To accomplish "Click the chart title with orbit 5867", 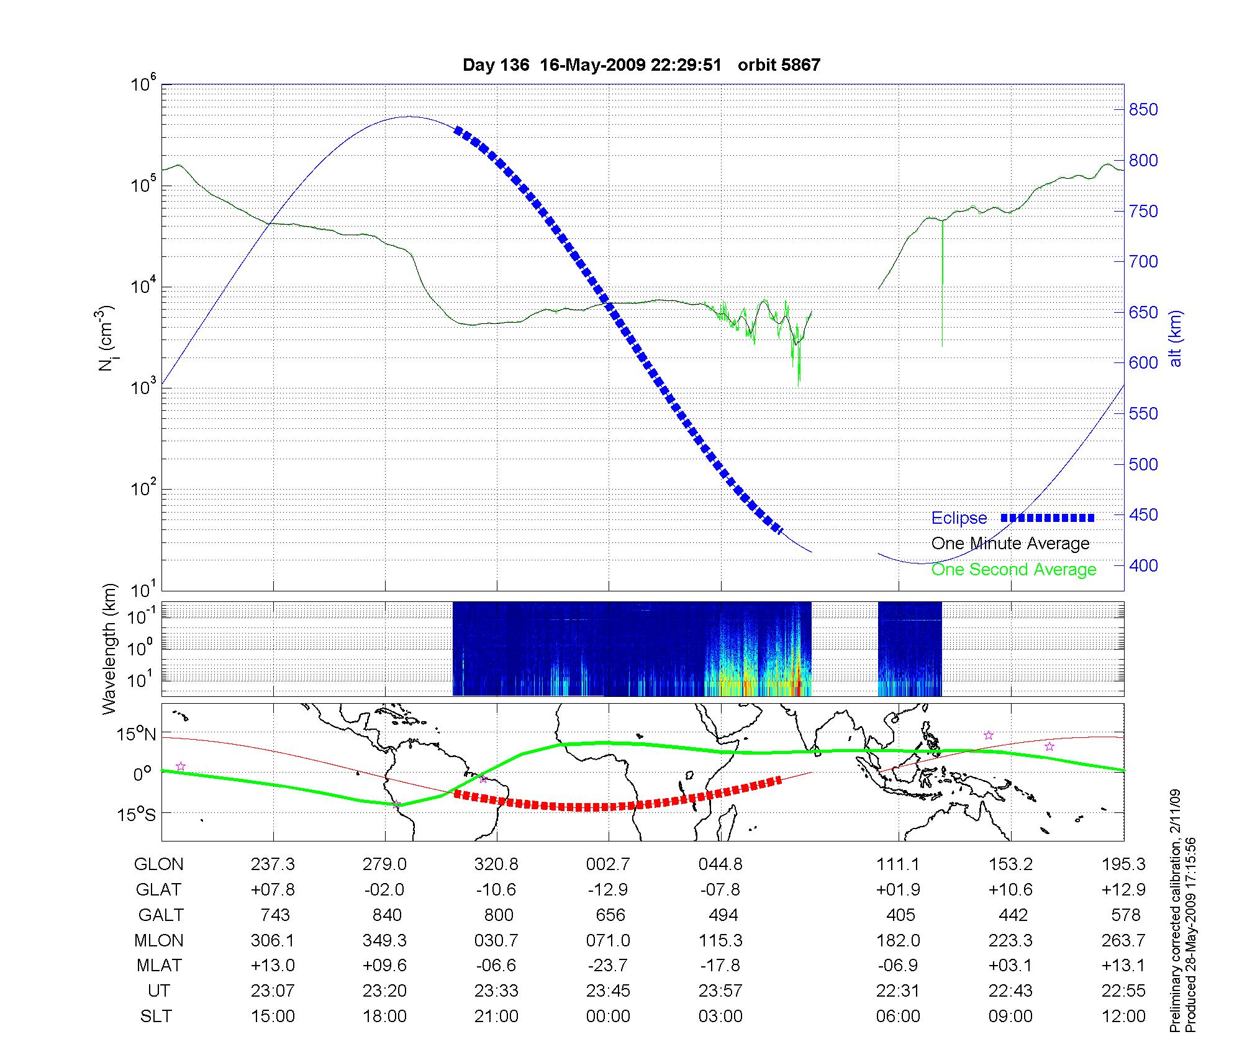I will tap(641, 65).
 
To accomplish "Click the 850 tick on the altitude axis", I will tap(1143, 110).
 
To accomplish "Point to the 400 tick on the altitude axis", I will tap(1143, 565).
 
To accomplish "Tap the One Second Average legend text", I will tap(1013, 569).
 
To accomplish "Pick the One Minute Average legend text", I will tap(1010, 544).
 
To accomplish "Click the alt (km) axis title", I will tap(1176, 338).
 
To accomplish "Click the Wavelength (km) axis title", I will tap(109, 649).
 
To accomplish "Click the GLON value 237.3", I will tap(273, 864).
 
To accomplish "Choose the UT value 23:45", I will tap(608, 990).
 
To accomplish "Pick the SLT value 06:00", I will tap(898, 1016).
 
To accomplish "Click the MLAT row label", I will tap(159, 966).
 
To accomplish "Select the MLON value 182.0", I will tap(898, 940).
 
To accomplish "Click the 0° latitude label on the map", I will tap(142, 774).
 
